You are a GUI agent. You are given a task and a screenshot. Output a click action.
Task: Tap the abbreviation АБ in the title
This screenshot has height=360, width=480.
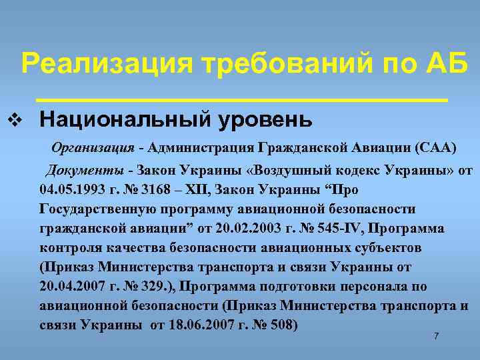coord(446,65)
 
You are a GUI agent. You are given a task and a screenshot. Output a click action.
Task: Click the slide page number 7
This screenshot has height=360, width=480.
coord(435,336)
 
